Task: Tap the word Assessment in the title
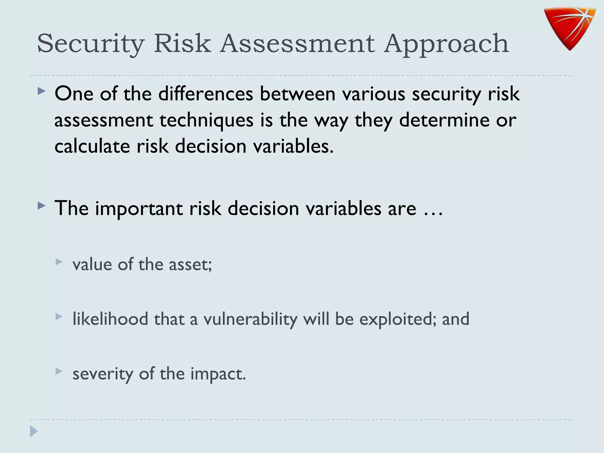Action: (x=298, y=44)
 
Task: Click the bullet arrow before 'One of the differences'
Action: (x=42, y=91)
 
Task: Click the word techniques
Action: (x=206, y=120)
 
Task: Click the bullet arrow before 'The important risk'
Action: (x=42, y=206)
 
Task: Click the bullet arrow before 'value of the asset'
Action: (x=59, y=262)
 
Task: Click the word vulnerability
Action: (x=250, y=319)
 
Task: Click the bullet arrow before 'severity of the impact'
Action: (x=59, y=371)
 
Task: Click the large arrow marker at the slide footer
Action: (x=34, y=431)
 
